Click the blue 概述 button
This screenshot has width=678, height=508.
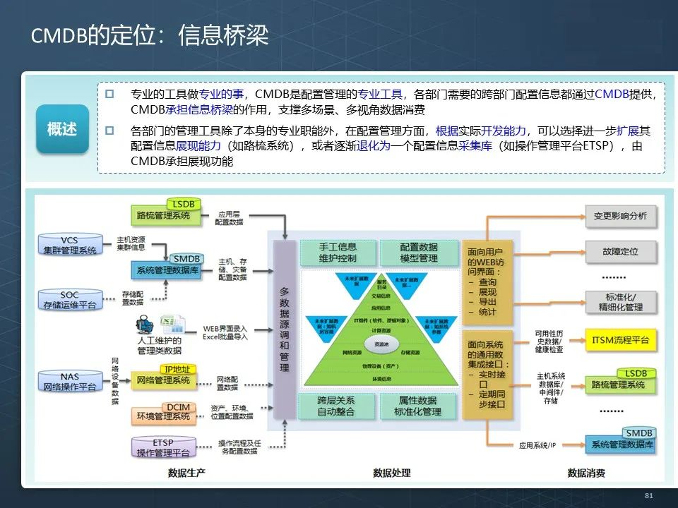tap(62, 129)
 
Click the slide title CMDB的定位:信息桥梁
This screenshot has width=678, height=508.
tap(150, 36)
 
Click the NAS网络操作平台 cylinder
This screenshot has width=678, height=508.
tap(69, 382)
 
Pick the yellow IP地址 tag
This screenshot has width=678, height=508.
tap(178, 369)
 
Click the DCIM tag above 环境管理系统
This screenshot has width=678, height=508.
tap(178, 408)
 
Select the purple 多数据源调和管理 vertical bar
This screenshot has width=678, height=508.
tap(284, 329)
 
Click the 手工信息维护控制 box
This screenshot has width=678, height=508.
tap(338, 253)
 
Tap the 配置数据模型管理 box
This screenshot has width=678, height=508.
tap(419, 253)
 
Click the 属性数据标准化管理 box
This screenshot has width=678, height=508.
tap(418, 405)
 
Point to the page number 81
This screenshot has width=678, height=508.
tap(649, 496)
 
